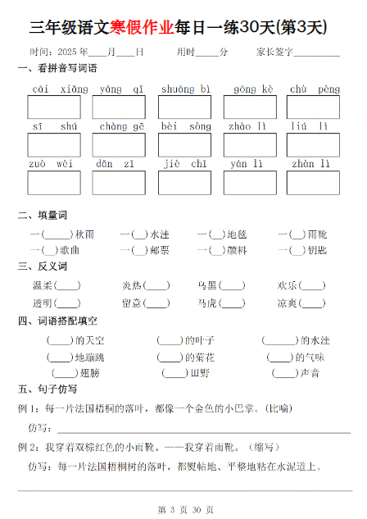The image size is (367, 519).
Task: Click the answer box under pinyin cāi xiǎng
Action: [x=54, y=107]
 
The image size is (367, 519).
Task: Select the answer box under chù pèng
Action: [x=314, y=107]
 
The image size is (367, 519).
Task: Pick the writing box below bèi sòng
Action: [x=184, y=145]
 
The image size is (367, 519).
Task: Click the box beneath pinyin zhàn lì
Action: [x=314, y=183]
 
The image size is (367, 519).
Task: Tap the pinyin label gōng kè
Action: [x=249, y=89]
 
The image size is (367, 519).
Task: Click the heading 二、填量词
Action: [x=42, y=216]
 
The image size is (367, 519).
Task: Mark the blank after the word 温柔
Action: [x=67, y=286]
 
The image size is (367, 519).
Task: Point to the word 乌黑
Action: [x=207, y=286]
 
